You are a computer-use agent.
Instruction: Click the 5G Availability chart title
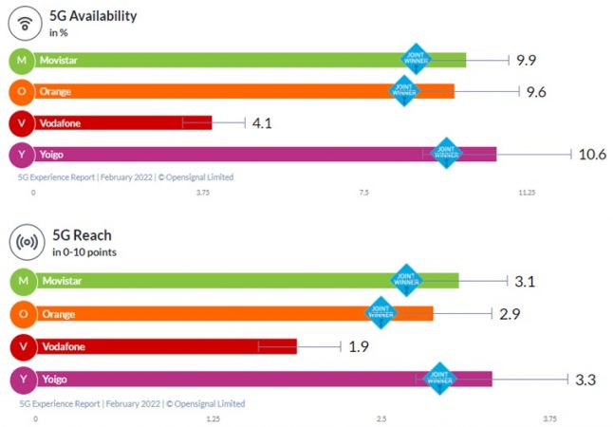(95, 16)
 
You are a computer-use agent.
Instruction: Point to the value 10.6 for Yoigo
(591, 155)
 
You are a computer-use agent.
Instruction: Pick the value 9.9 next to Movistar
(527, 61)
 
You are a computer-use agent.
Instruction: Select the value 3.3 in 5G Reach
(585, 380)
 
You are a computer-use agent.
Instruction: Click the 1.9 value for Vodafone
(359, 346)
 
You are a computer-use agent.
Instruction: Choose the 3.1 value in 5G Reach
(527, 282)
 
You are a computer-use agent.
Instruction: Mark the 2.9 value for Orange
(509, 313)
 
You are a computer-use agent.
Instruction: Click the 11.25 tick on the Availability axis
(527, 193)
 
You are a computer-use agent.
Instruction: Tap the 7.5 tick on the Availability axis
(364, 193)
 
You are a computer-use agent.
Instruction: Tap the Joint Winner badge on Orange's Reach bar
(381, 311)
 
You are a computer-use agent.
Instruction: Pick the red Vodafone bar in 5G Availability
(123, 123)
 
